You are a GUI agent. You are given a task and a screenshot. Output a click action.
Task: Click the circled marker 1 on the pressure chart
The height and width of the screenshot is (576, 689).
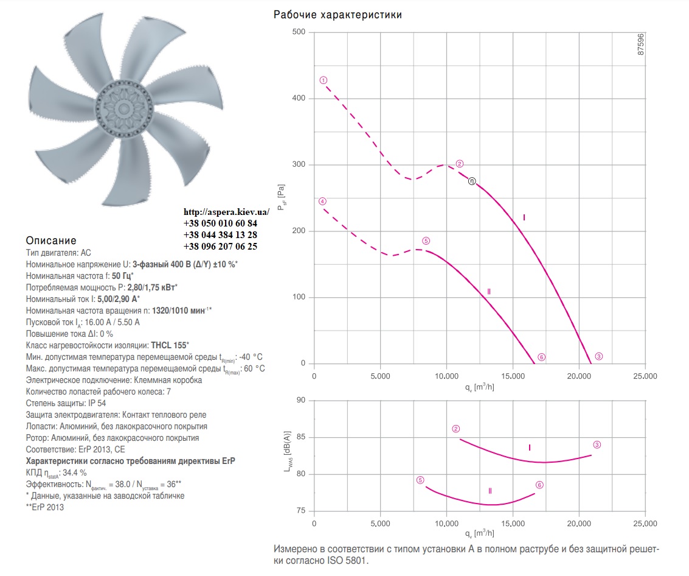tap(324, 80)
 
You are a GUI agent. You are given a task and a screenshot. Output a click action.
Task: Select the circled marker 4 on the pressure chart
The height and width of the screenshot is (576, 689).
tap(322, 202)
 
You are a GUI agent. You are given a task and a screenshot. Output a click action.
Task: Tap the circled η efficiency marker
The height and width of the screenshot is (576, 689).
tap(471, 181)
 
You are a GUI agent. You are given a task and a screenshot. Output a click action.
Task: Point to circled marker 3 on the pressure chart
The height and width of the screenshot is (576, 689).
tap(599, 356)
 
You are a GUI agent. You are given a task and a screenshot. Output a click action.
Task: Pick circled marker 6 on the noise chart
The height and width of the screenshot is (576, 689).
tap(539, 485)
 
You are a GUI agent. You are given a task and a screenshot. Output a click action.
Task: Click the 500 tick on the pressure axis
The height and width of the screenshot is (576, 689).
tap(299, 32)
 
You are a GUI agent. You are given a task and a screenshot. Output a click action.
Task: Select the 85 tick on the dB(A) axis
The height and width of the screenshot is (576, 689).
tap(301, 437)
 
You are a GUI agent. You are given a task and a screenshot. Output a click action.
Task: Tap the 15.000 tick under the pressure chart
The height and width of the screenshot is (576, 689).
tap(513, 376)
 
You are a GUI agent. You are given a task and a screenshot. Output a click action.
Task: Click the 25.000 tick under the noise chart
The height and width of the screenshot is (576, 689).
tap(645, 524)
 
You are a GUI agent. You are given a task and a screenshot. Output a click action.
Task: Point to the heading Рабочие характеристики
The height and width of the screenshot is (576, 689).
tap(338, 15)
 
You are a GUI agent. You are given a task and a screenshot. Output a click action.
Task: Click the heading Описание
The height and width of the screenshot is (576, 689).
tap(51, 241)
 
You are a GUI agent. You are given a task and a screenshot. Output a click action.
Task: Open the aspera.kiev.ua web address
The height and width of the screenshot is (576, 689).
tap(227, 212)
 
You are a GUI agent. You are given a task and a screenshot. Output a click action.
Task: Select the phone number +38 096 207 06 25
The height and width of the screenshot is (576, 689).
tap(220, 247)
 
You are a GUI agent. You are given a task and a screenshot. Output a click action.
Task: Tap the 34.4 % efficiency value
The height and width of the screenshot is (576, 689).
tap(75, 472)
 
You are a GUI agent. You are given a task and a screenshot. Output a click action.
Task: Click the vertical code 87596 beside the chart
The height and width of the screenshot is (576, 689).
tap(641, 44)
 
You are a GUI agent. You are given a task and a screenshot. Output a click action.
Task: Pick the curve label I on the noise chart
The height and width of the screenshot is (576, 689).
tap(530, 448)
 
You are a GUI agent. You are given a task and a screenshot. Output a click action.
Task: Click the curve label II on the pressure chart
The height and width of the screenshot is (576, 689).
tap(489, 292)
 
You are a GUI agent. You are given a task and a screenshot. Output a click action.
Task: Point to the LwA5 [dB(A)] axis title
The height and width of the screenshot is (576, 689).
tap(288, 451)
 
